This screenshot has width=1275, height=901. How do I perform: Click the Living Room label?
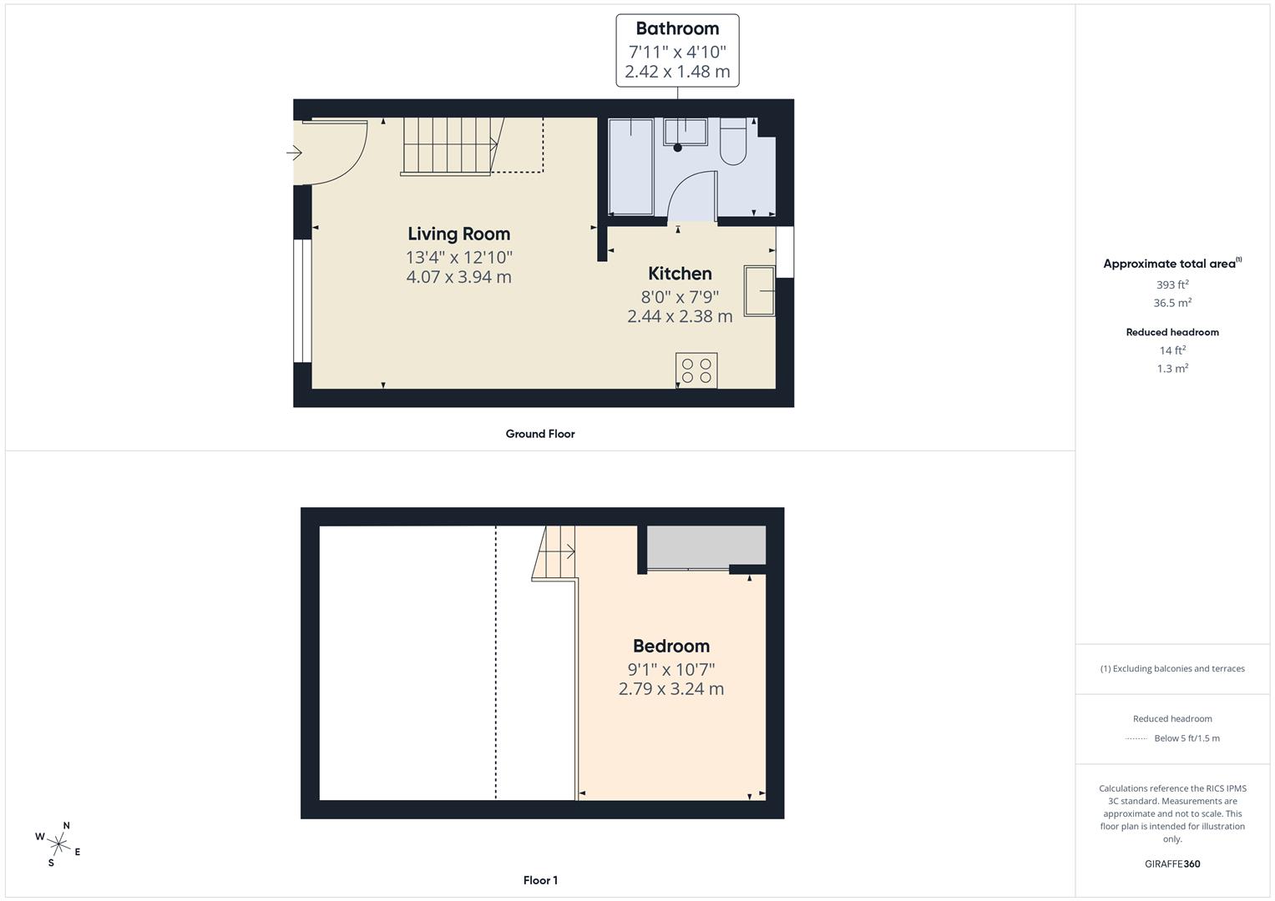[458, 234]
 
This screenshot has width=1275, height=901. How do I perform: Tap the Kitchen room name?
[680, 274]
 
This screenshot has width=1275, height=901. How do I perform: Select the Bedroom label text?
[671, 646]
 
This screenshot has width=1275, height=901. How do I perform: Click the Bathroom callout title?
[677, 29]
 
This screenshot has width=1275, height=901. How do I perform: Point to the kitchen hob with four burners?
[696, 370]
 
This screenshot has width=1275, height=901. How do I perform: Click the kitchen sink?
[760, 290]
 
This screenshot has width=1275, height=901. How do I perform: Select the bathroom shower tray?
[630, 167]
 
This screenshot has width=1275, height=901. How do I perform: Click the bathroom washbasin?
[686, 132]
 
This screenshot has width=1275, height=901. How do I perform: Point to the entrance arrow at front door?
[294, 153]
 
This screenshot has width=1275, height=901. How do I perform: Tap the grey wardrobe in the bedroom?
[706, 546]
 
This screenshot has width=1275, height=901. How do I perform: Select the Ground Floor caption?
[540, 434]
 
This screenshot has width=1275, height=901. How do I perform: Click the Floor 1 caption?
[540, 880]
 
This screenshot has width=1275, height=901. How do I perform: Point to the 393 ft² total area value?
[1172, 284]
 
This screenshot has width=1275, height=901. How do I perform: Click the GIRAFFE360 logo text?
[1172, 864]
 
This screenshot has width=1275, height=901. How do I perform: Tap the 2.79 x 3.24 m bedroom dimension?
[671, 689]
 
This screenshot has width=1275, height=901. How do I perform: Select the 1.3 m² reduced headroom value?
[1172, 369]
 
